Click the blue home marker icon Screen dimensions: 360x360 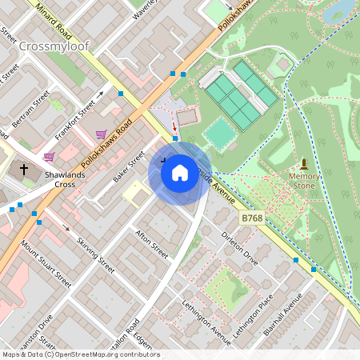tap(179, 173)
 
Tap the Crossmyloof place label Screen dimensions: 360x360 tap(54, 46)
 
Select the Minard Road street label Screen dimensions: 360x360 tap(60, 25)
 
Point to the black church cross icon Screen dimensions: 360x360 tap(24, 170)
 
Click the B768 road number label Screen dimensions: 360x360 tap(252, 217)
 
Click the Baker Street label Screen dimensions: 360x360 tap(129, 166)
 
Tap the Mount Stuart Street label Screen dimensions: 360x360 tap(46, 265)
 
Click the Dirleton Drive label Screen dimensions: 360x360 tap(240, 249)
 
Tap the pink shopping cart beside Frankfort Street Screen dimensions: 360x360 tap(102, 134)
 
